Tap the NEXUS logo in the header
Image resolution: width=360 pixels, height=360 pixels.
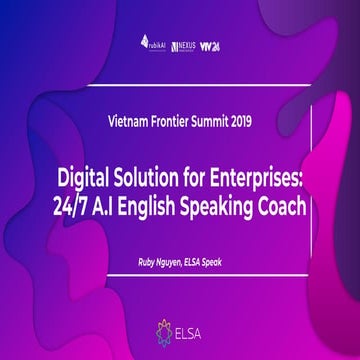[182, 45]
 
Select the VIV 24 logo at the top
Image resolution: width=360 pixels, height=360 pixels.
[209, 45]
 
